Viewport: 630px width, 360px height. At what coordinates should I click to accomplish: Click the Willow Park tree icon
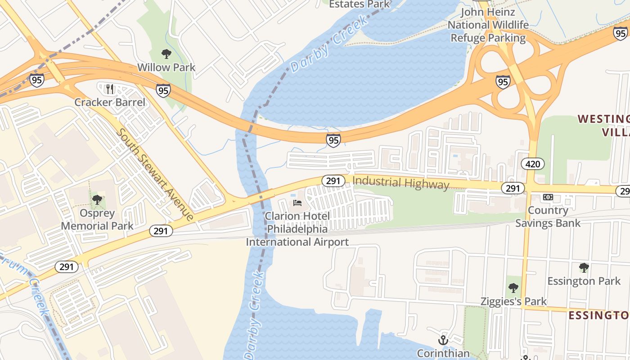166,54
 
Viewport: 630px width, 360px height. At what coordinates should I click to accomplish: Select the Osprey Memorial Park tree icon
97,200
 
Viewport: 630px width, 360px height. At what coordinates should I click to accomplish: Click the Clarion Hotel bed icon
297,203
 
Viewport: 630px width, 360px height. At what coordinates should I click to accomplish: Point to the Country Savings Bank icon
548,197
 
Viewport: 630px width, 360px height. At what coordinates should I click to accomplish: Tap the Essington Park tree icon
584,268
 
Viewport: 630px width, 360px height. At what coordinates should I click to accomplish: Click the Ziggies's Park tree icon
513,288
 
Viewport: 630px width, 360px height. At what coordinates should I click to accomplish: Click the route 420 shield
533,164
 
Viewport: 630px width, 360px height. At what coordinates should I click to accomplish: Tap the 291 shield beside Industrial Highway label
333,181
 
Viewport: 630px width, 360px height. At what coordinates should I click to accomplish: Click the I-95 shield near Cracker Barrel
163,90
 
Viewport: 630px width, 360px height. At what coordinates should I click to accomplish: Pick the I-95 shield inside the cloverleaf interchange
503,82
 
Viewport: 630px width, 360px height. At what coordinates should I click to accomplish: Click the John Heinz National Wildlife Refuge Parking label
488,25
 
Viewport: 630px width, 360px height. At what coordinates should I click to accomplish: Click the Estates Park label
360,4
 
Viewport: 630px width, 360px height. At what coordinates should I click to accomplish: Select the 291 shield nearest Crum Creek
67,267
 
